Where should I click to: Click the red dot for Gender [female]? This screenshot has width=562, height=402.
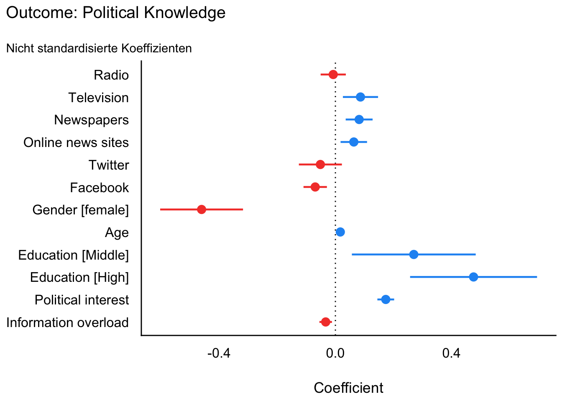[202, 209]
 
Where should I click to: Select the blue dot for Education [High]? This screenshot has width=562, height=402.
[473, 277]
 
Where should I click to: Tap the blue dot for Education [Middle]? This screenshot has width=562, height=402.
[414, 255]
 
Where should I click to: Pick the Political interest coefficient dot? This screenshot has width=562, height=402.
[386, 299]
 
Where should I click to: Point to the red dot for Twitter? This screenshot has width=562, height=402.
[320, 165]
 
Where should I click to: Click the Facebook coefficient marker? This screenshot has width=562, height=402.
[315, 187]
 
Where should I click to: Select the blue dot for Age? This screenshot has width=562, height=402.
[340, 232]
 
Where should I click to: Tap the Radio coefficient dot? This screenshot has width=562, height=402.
[333, 75]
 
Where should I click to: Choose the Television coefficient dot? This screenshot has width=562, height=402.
[360, 97]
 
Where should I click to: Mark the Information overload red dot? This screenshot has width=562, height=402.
[326, 322]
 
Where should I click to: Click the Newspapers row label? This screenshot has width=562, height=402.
[91, 120]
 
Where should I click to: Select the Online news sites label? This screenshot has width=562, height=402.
[76, 143]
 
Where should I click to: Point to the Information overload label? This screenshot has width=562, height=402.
[67, 323]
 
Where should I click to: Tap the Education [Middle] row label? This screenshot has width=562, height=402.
[74, 255]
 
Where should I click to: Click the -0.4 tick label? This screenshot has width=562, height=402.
[219, 354]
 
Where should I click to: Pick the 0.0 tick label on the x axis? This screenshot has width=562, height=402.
[335, 354]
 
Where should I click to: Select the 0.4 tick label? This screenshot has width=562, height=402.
[451, 354]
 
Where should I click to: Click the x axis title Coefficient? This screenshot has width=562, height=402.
[348, 388]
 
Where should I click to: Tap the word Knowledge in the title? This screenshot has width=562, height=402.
[185, 13]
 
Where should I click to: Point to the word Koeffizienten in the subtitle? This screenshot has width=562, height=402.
[156, 49]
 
